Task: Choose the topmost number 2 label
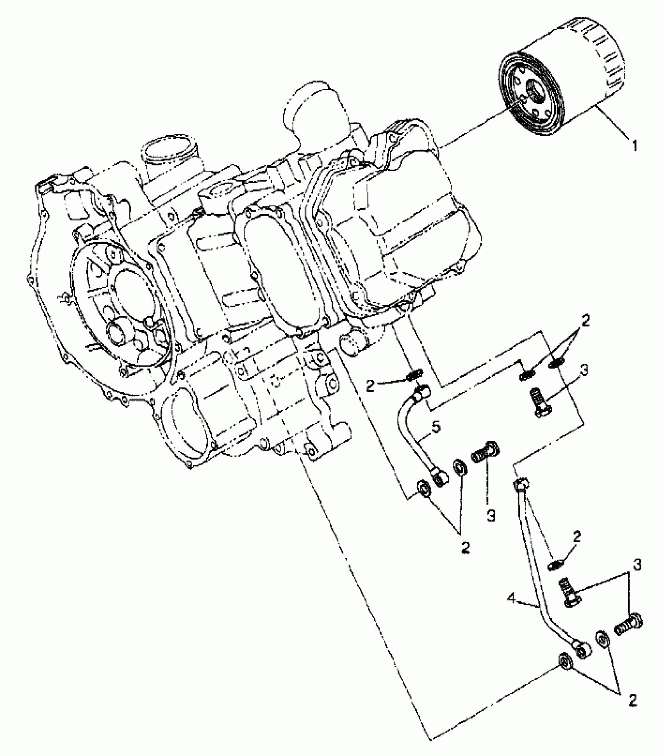(x=585, y=321)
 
